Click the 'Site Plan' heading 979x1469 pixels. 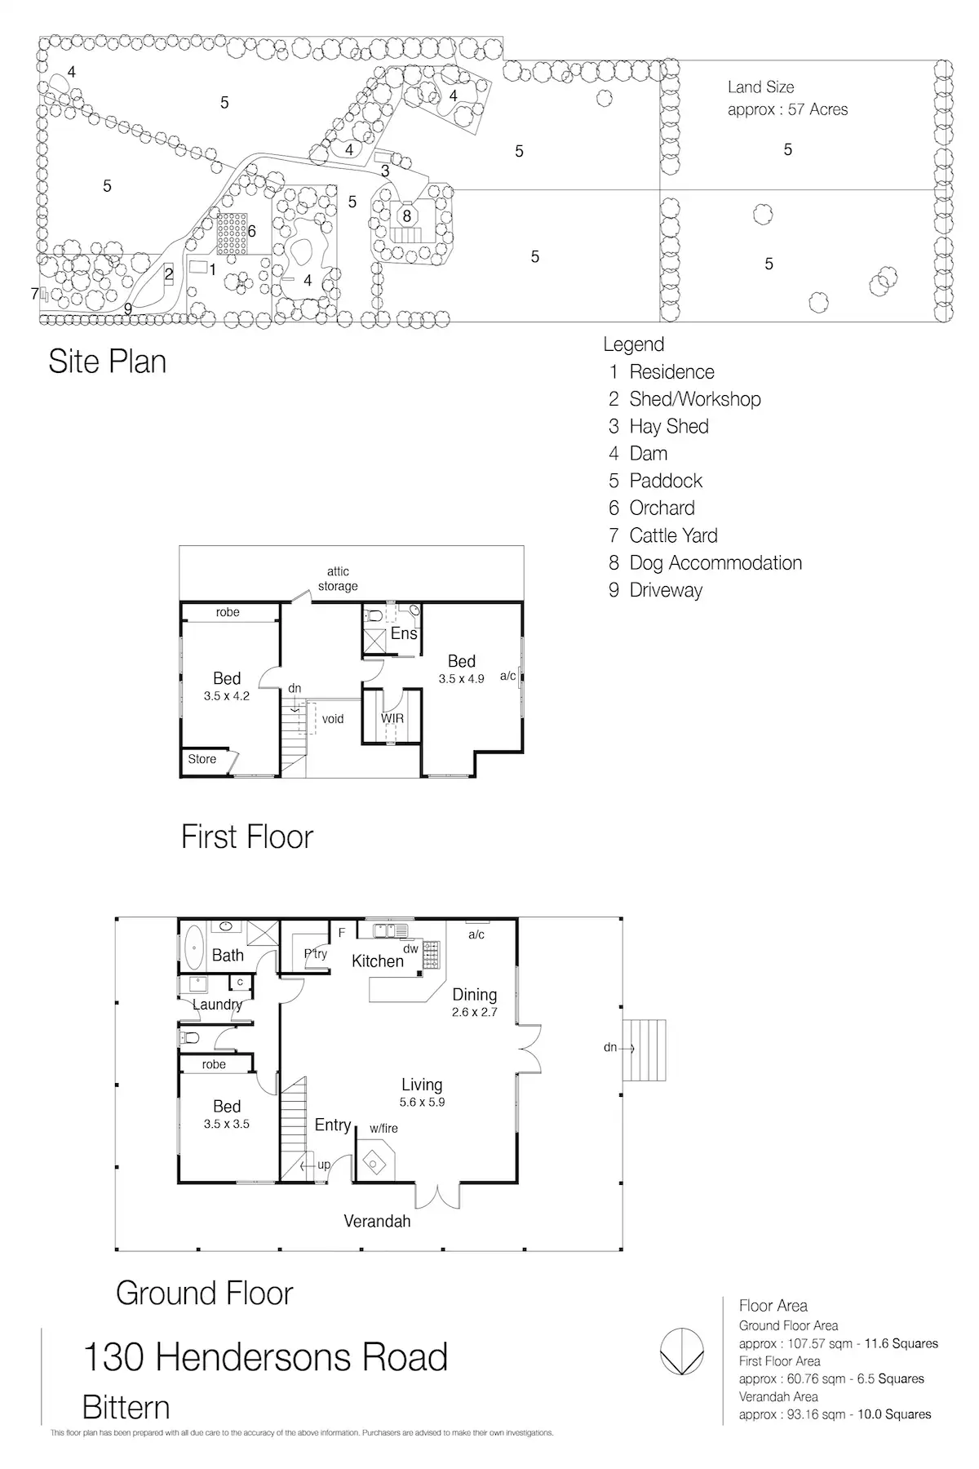tap(107, 362)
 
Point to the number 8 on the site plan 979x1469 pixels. tap(406, 216)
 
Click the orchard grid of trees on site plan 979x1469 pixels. tap(231, 233)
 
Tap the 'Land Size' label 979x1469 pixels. tap(760, 87)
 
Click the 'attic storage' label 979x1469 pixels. tap(338, 579)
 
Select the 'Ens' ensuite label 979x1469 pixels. tap(404, 633)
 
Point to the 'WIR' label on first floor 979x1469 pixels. tap(392, 718)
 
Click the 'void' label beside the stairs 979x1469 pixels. tap(333, 719)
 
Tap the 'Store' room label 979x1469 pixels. tap(202, 759)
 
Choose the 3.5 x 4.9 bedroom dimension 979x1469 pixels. tap(461, 679)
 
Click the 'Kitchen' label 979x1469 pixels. tap(378, 961)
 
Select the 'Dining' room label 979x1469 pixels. tap(474, 995)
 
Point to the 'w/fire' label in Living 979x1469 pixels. tap(383, 1129)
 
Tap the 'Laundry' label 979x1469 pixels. tap(217, 1005)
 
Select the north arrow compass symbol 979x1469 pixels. tap(681, 1351)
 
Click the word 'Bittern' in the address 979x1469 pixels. tap(126, 1408)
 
